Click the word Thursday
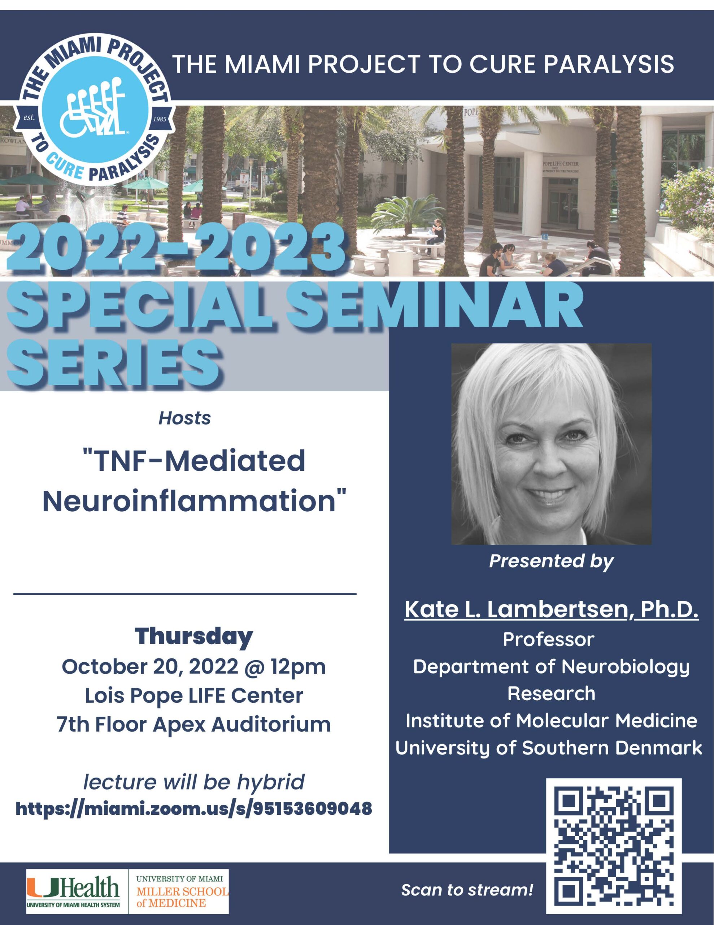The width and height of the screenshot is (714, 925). point(194,636)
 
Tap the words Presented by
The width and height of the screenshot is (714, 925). point(551,561)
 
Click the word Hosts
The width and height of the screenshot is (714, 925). point(184,418)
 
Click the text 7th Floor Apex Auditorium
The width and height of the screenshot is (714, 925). point(194,725)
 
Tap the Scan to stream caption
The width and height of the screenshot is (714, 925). point(467,890)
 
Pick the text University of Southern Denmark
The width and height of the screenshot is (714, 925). point(549,748)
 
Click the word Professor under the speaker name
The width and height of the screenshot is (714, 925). point(549,640)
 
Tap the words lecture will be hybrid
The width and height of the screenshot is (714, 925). point(194,782)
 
